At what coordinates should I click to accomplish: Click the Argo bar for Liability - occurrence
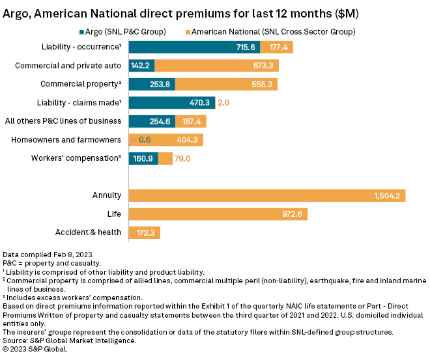[194, 47]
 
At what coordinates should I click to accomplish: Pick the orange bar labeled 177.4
[276, 47]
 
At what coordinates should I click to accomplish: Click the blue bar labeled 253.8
[152, 84]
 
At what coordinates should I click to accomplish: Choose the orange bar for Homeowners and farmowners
[166, 139]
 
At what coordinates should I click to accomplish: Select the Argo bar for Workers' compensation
[143, 158]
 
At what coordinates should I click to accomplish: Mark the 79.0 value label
[182, 158]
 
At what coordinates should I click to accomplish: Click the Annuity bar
[267, 195]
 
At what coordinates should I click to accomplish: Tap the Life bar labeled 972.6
[218, 214]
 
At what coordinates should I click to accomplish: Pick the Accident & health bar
[145, 232]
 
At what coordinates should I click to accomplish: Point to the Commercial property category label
[81, 84]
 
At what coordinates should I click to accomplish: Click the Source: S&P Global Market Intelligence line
[68, 340]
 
